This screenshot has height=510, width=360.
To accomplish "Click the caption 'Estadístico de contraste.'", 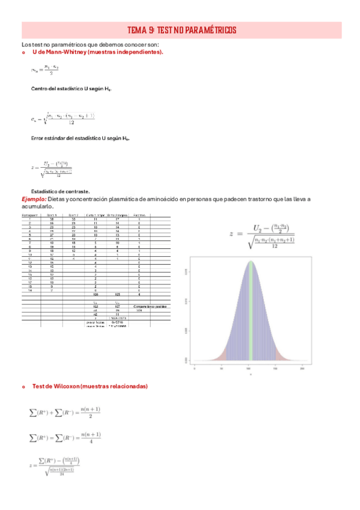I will [x=60, y=191].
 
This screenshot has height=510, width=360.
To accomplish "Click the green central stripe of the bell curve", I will [x=249, y=301].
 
